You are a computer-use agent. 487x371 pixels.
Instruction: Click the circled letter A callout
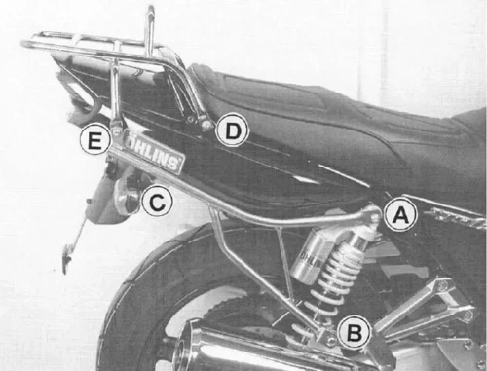point(397,215)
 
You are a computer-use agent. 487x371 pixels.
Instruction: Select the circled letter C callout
point(157,202)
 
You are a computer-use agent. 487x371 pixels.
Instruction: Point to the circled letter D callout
point(232,129)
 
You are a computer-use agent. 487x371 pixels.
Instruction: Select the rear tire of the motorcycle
point(136,312)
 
